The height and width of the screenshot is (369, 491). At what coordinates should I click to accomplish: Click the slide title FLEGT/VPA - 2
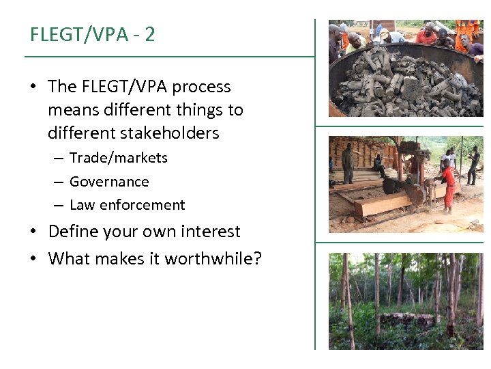pyautogui.click(x=93, y=34)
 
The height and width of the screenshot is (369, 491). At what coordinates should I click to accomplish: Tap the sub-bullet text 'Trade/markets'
pyautogui.click(x=118, y=158)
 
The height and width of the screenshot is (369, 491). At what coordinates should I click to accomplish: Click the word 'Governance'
pyautogui.click(x=109, y=182)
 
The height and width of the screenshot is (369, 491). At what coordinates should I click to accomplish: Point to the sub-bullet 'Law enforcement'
pyautogui.click(x=127, y=205)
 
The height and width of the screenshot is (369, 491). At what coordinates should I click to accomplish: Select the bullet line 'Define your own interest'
pyautogui.click(x=144, y=232)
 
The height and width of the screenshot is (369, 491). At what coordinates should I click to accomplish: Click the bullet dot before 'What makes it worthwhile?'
pyautogui.click(x=33, y=259)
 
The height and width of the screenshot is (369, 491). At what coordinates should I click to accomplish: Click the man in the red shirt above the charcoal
pyautogui.click(x=426, y=35)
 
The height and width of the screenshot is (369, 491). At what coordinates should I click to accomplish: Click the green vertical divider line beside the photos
pyautogui.click(x=315, y=184)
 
